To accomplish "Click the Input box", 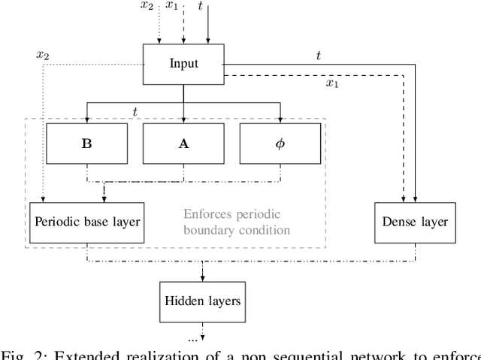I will pos(183,62).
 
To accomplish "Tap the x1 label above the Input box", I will pos(173,7).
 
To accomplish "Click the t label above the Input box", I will pos(201,7).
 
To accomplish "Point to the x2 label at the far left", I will pos(43,54).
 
